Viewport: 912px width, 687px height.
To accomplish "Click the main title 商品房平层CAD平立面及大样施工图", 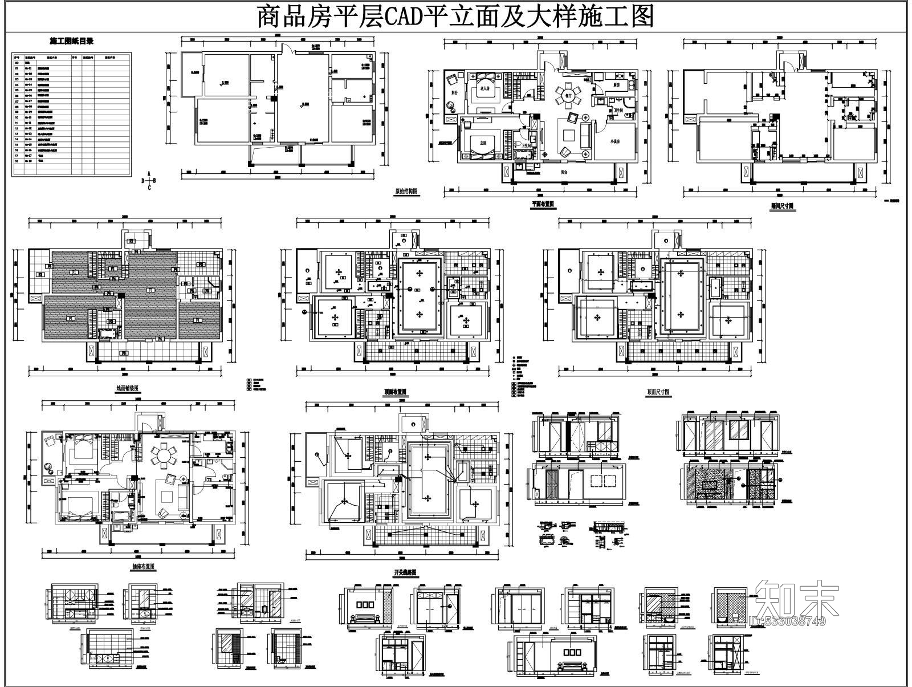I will [455, 17].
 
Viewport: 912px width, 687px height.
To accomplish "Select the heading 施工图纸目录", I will [72, 41].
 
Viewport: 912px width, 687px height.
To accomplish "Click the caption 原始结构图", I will [407, 193].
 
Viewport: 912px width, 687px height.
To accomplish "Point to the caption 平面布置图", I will [543, 204].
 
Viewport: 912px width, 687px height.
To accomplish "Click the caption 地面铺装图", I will [127, 388].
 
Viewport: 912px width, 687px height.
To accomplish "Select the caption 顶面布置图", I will [395, 392].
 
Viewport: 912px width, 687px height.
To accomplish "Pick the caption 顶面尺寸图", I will [659, 392].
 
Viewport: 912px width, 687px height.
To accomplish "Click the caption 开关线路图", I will [405, 572].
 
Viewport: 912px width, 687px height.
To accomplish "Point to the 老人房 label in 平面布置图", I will [486, 89].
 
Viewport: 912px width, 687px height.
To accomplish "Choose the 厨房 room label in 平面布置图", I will [616, 85].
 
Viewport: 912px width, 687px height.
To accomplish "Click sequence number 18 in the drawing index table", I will [17, 161].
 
